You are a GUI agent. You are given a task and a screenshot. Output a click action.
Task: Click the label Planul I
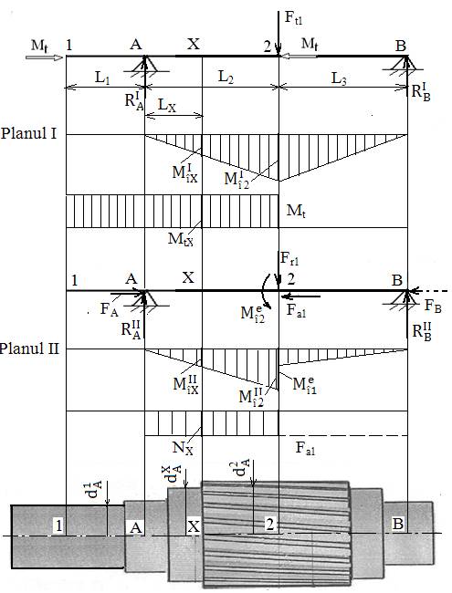(29, 133)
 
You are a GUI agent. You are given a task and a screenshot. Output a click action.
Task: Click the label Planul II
(29, 349)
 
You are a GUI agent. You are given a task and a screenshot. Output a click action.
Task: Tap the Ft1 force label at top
(294, 17)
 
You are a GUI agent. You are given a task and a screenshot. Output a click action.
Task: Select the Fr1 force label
(290, 259)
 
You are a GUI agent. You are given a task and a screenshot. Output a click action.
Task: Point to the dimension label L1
(102, 78)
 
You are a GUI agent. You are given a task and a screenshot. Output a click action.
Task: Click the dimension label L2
(226, 78)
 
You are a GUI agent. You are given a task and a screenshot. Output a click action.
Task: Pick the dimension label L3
(339, 78)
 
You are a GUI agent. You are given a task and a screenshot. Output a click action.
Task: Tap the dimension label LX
(166, 105)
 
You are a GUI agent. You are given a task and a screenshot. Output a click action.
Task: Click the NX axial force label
(183, 448)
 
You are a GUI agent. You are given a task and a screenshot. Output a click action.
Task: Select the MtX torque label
(181, 239)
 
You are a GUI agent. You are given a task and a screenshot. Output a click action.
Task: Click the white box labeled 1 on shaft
(58, 525)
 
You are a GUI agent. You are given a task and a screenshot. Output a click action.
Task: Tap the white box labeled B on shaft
(398, 525)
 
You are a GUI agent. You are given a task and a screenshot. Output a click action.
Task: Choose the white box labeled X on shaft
(194, 526)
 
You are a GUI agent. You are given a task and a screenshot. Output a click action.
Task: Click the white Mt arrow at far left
(44, 57)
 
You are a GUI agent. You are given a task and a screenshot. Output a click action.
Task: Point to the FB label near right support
(433, 306)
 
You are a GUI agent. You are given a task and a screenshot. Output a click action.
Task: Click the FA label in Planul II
(110, 309)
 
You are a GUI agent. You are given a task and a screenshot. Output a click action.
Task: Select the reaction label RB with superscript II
(422, 331)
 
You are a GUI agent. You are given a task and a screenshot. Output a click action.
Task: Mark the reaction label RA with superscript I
(134, 100)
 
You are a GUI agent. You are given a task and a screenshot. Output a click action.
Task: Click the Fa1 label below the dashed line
(306, 448)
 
